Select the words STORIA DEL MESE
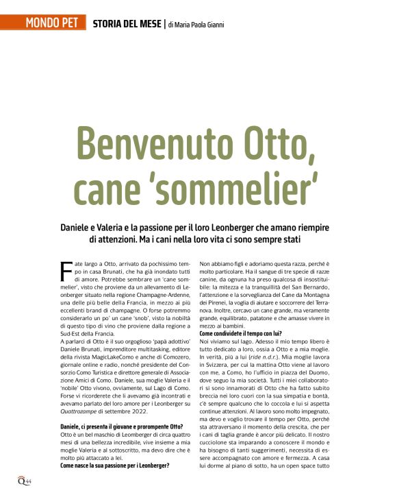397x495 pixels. click(x=127, y=24)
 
